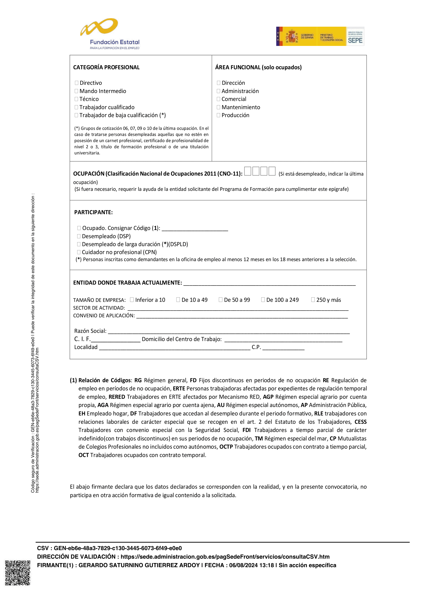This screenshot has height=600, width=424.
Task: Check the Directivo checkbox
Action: point(76,83)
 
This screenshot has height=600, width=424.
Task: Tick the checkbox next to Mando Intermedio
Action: point(76,91)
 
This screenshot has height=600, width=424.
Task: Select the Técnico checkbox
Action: point(76,99)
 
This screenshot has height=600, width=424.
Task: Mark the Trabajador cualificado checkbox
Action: point(76,107)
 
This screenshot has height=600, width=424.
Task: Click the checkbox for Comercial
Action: point(218,99)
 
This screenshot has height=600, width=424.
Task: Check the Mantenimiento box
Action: point(218,107)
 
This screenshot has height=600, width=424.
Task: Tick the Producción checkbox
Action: point(218,115)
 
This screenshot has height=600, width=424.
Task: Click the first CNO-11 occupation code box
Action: point(248,171)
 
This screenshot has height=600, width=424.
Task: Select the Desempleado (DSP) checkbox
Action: point(79,236)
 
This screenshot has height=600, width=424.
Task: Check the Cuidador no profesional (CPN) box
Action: point(79,252)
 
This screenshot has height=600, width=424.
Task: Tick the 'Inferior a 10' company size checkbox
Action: point(132,300)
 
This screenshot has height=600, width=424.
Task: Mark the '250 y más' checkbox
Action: point(313,300)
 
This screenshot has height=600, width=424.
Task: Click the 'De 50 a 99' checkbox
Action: point(221,300)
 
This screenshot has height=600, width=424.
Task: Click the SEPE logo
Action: point(355,37)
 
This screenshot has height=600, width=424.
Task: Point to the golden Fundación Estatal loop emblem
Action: point(99,27)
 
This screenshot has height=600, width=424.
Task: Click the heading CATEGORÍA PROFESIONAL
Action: point(106,67)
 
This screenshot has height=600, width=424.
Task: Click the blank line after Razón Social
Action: point(229,331)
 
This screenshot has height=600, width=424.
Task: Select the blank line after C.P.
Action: point(283,348)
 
